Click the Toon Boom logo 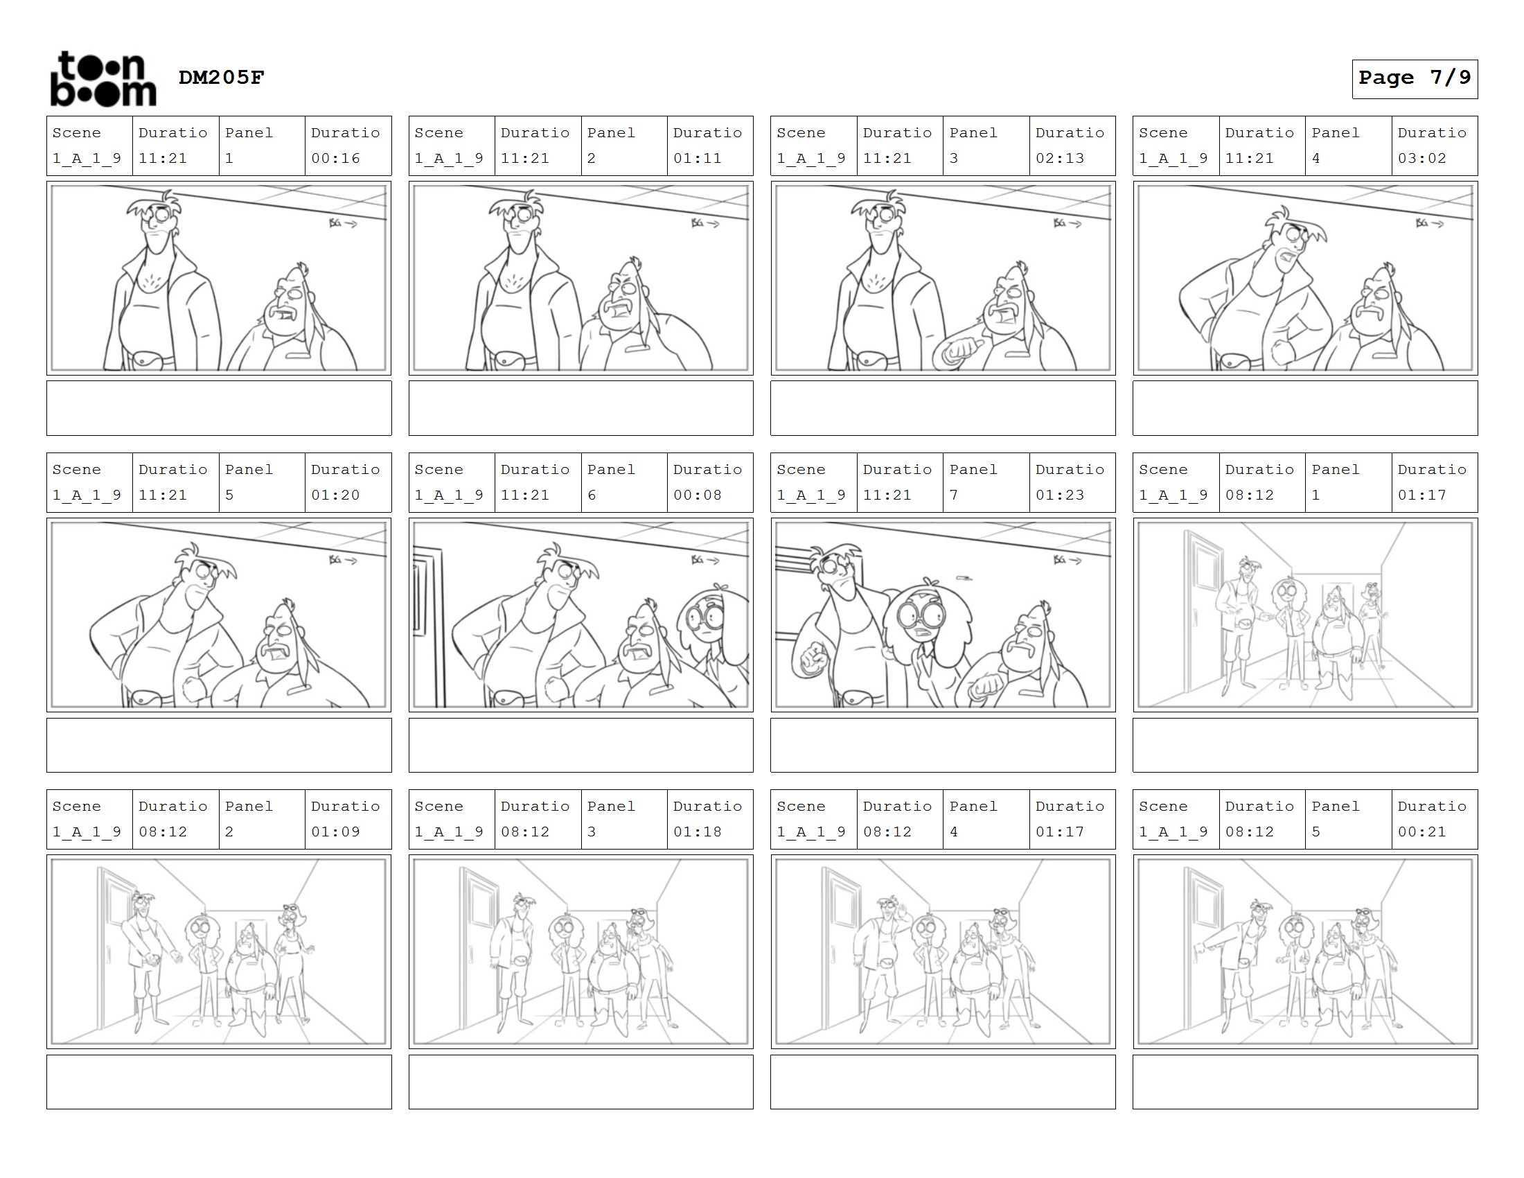tap(103, 79)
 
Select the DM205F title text tap(221, 78)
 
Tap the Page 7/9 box tap(1415, 79)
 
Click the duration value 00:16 tap(336, 159)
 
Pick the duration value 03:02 tap(1422, 159)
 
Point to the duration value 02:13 tap(1060, 159)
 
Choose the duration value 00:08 tap(698, 495)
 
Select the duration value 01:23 tap(1060, 495)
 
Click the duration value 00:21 tap(1422, 832)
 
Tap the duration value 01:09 tap(336, 832)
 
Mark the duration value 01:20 tap(336, 495)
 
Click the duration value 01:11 tap(698, 159)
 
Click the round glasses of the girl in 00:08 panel tap(707, 616)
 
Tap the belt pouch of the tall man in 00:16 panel tap(151, 360)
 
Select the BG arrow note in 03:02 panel tap(1430, 223)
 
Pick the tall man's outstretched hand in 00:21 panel tap(1202, 948)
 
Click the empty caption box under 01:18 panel tap(581, 1082)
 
